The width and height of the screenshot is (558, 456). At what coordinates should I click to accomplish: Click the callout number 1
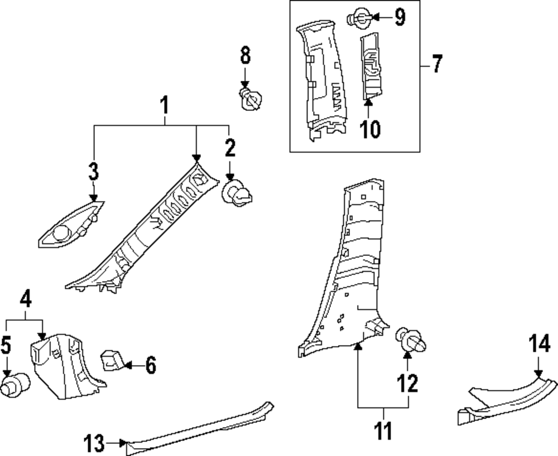tap(164, 104)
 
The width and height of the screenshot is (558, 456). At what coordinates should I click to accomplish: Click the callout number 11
tap(383, 430)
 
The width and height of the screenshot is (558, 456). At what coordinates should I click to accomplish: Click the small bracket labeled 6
tap(111, 360)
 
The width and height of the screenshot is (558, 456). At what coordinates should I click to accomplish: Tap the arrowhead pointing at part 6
tap(127, 366)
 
